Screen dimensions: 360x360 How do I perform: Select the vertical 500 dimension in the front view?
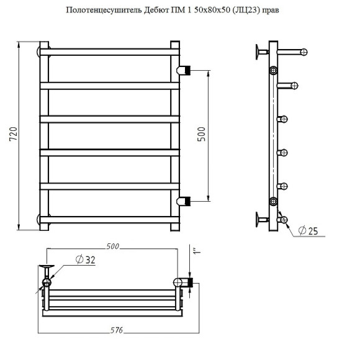pos(200,135)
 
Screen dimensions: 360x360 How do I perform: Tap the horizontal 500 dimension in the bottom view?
pos(112,247)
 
